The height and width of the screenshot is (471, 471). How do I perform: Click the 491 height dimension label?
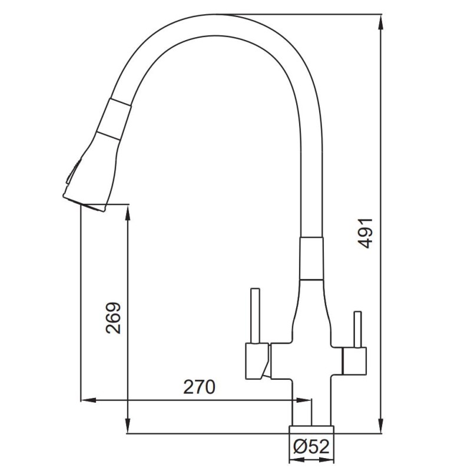tap(366, 233)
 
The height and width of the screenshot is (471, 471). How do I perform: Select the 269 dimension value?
tap(114, 318)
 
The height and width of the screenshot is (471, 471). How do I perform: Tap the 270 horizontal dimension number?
tap(200, 387)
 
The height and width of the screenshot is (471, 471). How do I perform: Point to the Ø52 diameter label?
tap(311, 447)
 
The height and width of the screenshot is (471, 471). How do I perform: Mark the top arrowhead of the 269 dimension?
tap(128, 213)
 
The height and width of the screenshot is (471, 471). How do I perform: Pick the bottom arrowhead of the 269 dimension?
tap(128, 425)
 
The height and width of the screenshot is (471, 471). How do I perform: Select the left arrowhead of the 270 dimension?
tap(89, 400)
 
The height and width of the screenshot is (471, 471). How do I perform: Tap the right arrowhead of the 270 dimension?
tap(304, 400)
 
